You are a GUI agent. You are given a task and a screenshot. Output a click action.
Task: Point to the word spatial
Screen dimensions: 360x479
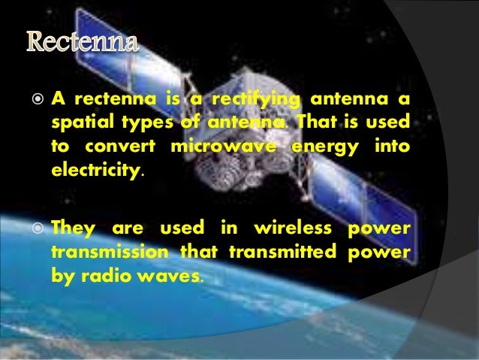[80, 122]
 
